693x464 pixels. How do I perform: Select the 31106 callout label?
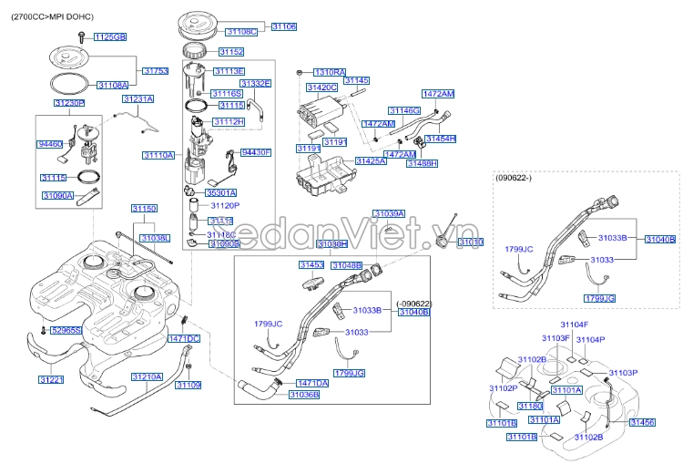point(283,27)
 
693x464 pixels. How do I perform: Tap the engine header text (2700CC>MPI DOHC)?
point(54,16)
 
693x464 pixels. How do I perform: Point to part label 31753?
point(156,70)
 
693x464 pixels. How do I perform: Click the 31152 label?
point(231,52)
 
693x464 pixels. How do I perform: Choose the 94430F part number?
point(256,153)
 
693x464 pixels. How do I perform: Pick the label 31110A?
point(158,156)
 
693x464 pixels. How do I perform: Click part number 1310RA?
point(330,71)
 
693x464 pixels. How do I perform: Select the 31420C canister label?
point(321,88)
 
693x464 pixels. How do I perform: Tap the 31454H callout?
point(440,139)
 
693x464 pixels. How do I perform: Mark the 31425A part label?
point(371,160)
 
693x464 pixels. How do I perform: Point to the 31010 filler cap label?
point(470,242)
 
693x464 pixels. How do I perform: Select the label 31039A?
point(389,213)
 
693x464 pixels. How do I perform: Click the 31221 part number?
point(51,379)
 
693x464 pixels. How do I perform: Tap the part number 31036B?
point(304,395)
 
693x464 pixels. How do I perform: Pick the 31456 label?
point(642,422)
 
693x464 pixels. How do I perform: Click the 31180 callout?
point(530,406)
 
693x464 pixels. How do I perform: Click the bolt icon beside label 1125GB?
point(81,36)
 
